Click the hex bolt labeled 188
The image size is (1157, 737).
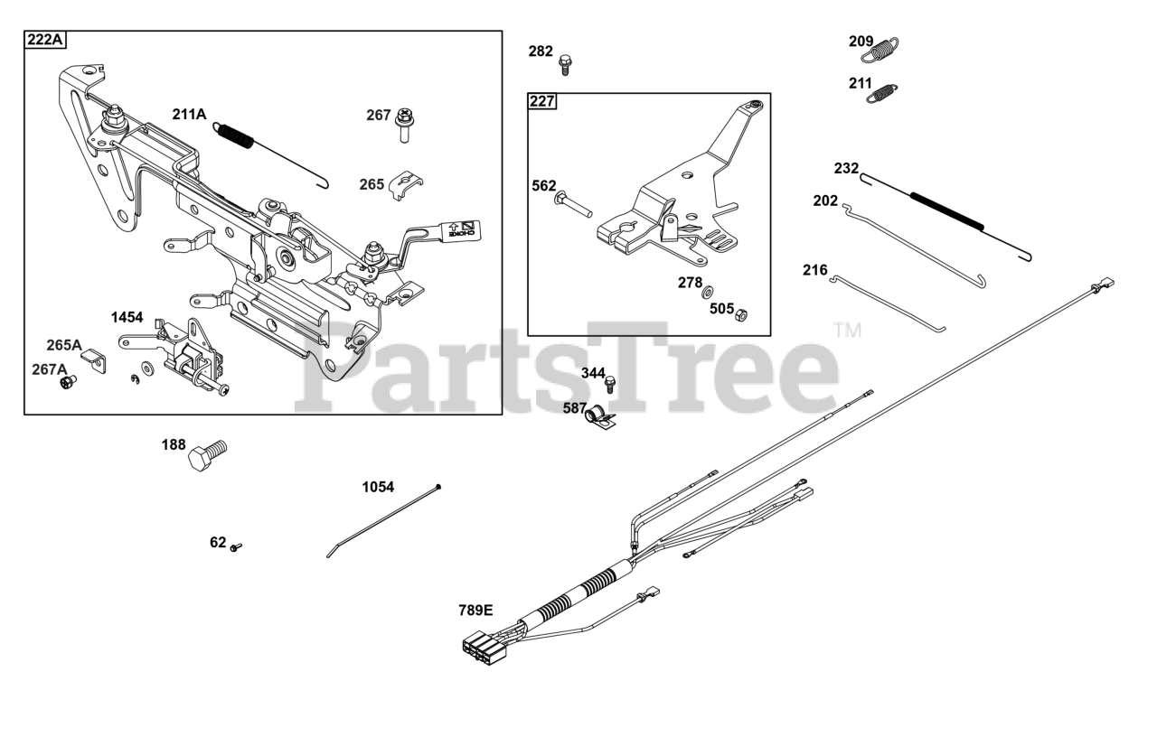coord(207,453)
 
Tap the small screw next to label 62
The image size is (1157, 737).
coord(237,546)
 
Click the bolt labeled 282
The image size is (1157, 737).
coord(566,64)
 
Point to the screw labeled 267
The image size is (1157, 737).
coord(403,125)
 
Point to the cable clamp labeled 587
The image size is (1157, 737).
coord(599,417)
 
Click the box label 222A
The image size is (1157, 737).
coord(45,40)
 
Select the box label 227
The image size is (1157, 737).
coord(542,100)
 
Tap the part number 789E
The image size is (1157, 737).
coord(475,611)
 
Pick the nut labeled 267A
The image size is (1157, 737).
coord(66,383)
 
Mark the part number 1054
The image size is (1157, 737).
coord(378,487)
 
